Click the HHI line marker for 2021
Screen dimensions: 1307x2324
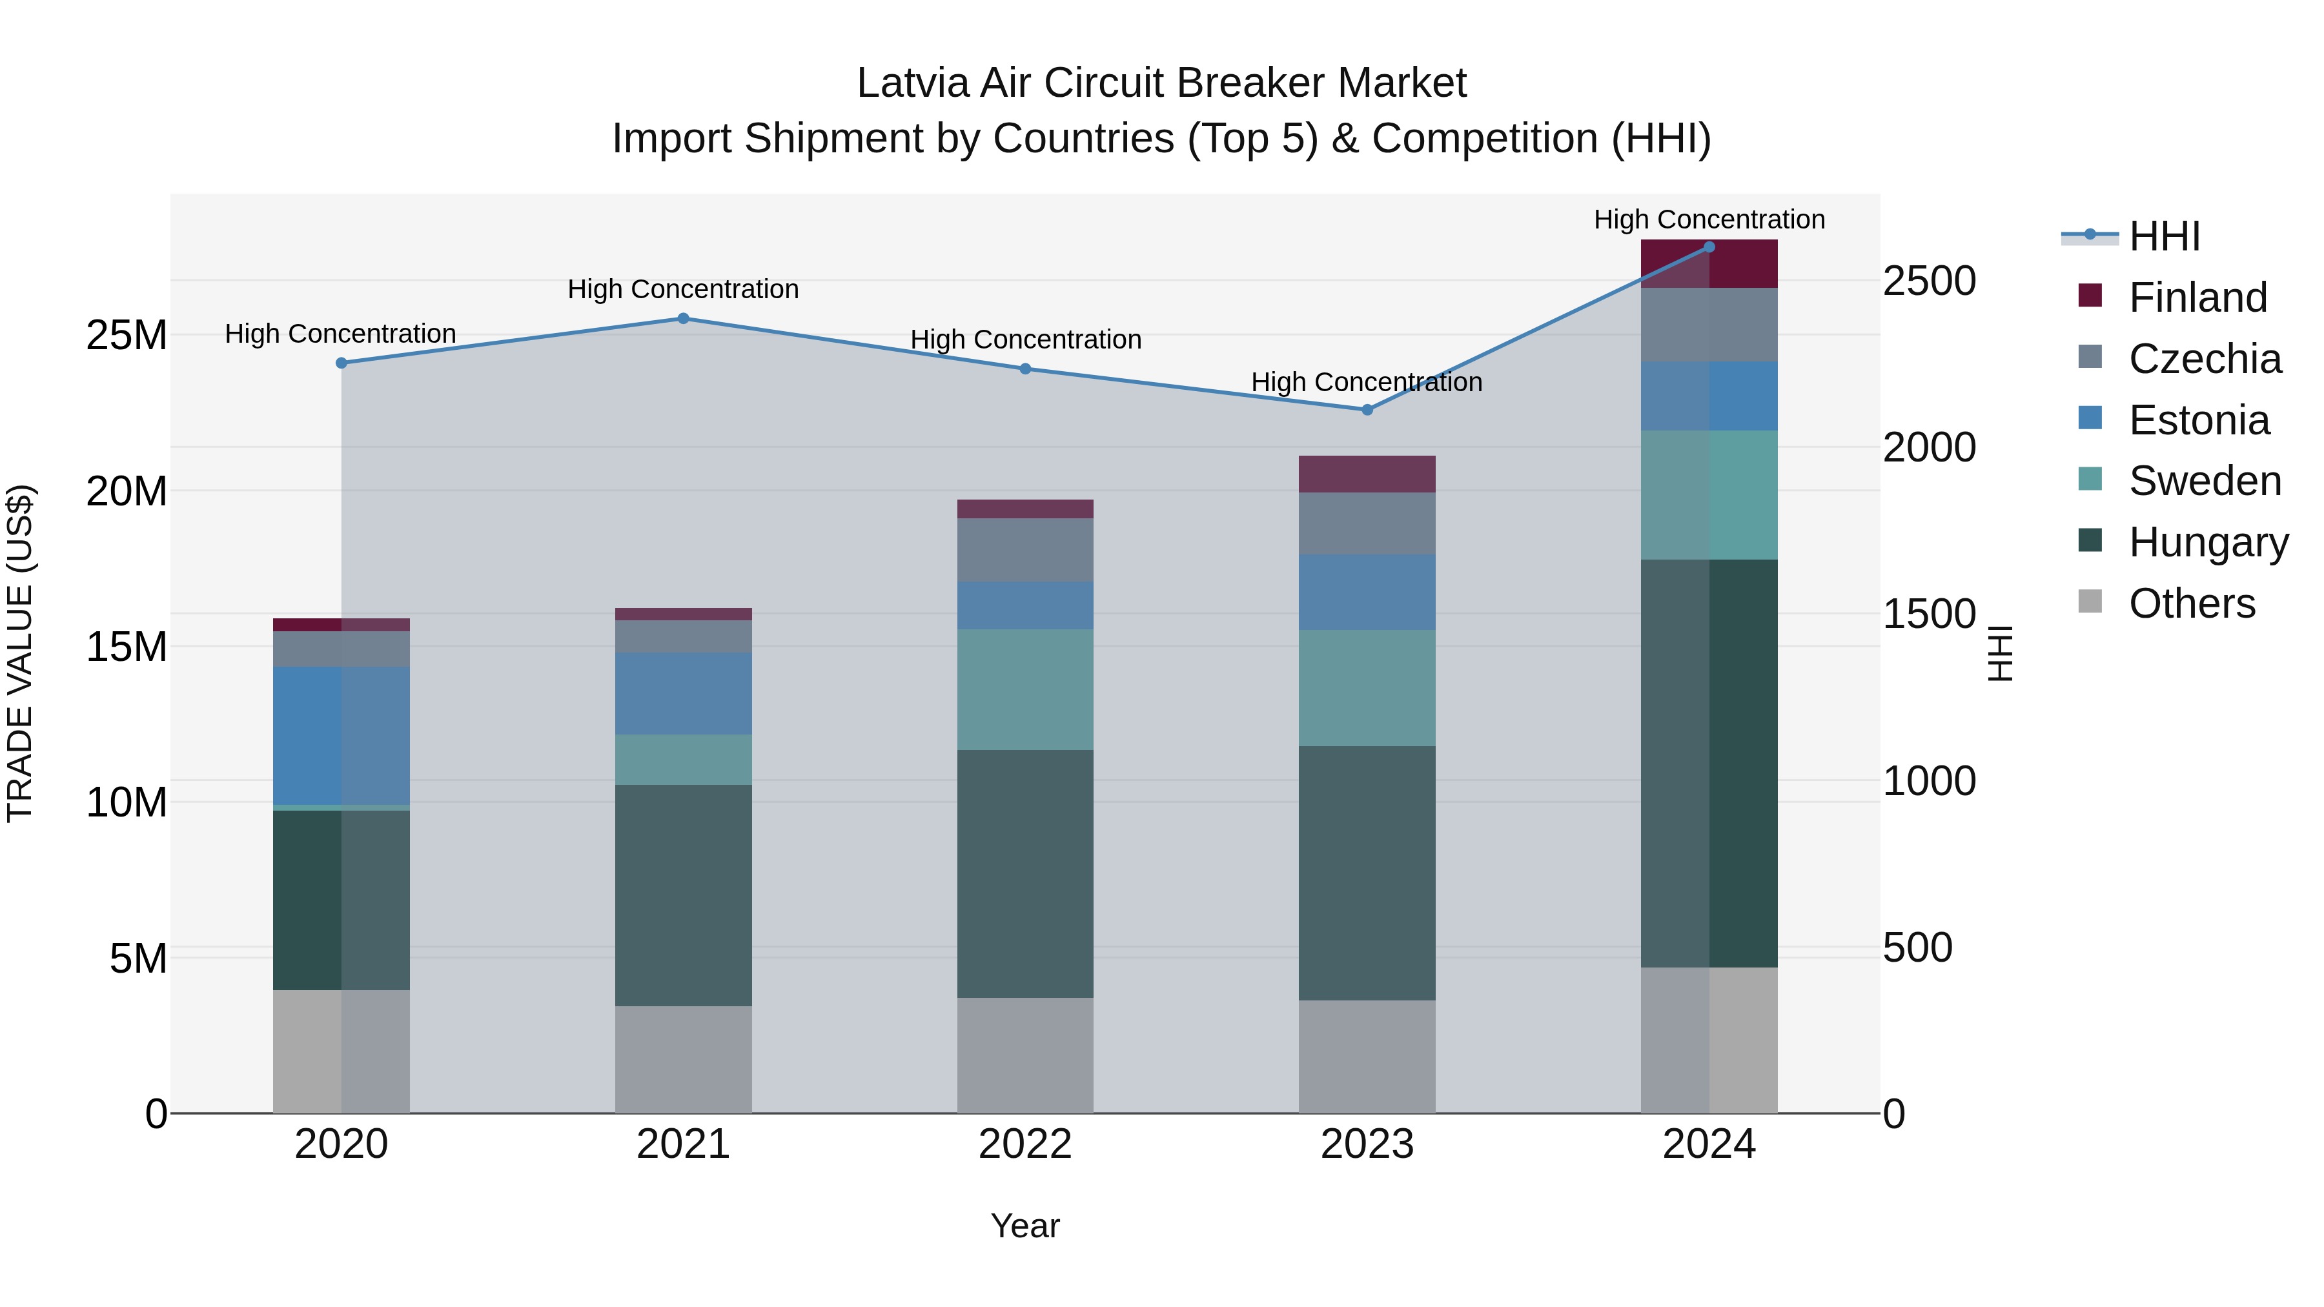point(683,318)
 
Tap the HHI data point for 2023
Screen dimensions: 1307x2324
point(1367,409)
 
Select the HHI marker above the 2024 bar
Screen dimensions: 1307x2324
point(1709,247)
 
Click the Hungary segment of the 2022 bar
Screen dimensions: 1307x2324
point(1025,873)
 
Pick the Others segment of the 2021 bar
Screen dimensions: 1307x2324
point(683,1059)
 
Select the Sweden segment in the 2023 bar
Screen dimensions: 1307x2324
point(1367,687)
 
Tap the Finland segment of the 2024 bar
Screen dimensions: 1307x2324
point(1709,264)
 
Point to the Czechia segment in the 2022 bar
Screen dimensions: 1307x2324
point(1025,549)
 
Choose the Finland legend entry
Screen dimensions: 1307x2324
point(2197,298)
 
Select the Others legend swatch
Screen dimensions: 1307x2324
point(2090,602)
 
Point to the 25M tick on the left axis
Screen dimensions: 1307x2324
point(127,336)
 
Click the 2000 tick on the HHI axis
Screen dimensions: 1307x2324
point(1929,447)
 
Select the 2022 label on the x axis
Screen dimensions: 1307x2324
point(1025,1144)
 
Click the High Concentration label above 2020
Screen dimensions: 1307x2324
point(340,334)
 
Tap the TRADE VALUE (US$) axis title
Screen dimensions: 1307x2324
point(20,653)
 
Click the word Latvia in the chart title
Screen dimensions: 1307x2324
point(913,83)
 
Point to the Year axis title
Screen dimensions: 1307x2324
point(1025,1226)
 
